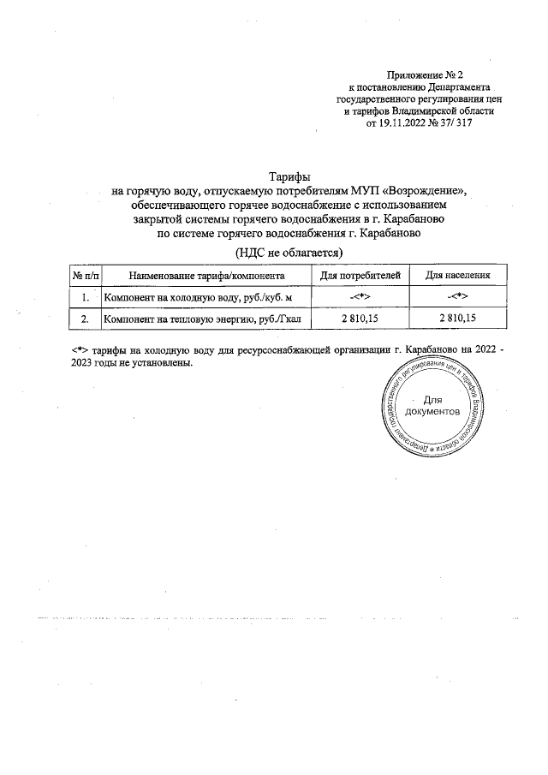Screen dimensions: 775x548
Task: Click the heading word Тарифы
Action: (288, 176)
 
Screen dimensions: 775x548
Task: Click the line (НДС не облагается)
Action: (288, 252)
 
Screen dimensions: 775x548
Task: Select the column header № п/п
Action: (85, 276)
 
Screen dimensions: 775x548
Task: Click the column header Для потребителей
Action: (360, 276)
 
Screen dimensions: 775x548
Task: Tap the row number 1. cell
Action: (85, 297)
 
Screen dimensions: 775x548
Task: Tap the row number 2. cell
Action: (85, 319)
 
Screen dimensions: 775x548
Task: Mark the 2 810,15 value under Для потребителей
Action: (360, 319)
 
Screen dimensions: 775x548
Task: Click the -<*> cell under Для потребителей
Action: (360, 297)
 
